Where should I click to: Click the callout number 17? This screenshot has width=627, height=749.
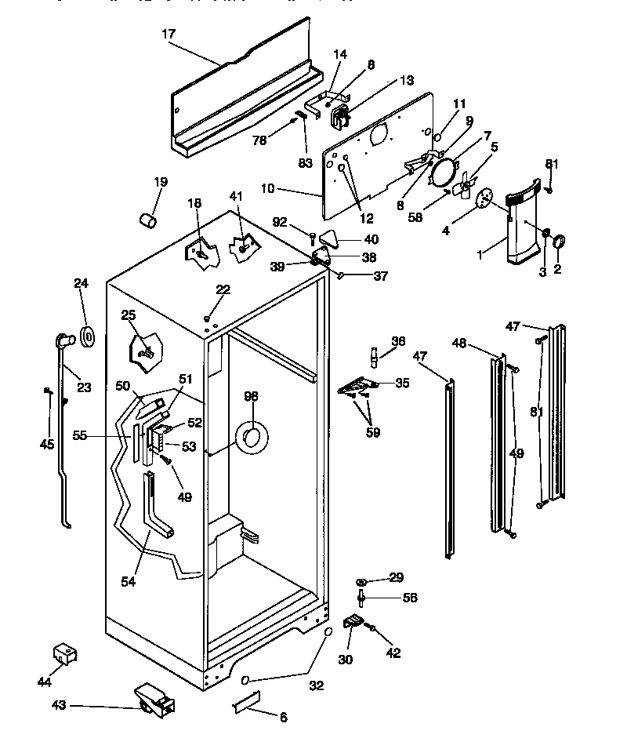(x=169, y=34)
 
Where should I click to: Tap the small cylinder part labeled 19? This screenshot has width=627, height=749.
(x=147, y=219)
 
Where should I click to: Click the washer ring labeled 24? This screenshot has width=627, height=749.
(x=88, y=337)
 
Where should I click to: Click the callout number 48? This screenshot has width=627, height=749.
(x=460, y=342)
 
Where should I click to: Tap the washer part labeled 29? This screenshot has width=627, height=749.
(x=362, y=580)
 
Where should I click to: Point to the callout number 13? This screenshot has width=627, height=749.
(x=406, y=79)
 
